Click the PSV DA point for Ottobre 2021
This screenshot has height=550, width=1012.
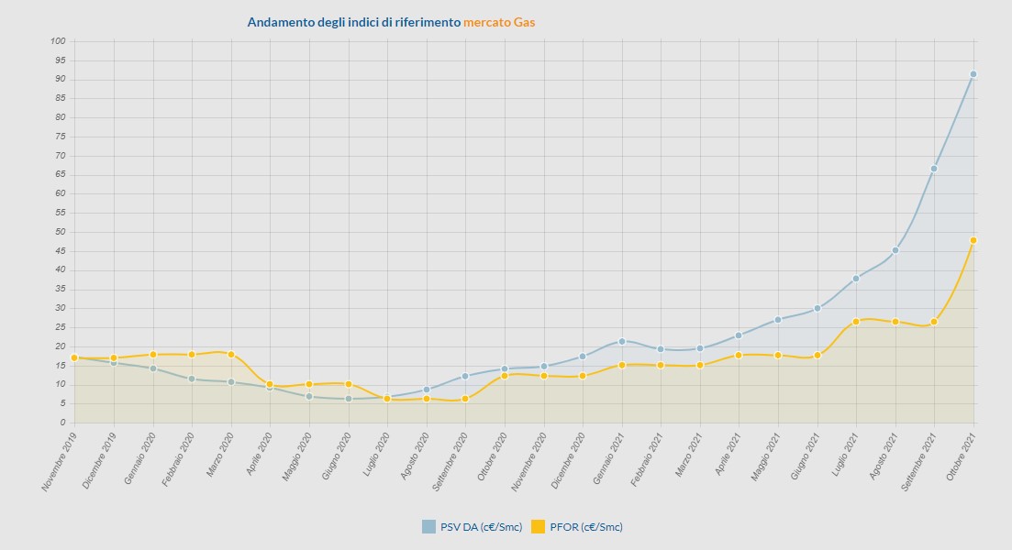pyautogui.click(x=973, y=74)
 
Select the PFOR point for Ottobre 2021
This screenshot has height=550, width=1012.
pyautogui.click(x=973, y=240)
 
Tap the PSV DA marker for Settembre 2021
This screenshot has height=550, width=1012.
pyautogui.click(x=934, y=169)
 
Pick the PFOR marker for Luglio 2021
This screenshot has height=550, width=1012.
pyautogui.click(x=856, y=322)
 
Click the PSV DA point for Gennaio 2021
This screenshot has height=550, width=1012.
pyautogui.click(x=622, y=341)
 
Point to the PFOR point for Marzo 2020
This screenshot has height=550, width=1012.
pyautogui.click(x=230, y=354)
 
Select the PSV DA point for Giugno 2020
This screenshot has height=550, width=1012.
pyautogui.click(x=349, y=399)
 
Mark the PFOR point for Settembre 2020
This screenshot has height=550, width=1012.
pyautogui.click(x=465, y=399)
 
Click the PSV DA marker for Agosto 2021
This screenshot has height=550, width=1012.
pyautogui.click(x=895, y=250)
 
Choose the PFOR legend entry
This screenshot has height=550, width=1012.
pyautogui.click(x=578, y=526)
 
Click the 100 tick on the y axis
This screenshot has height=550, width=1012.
pyautogui.click(x=58, y=41)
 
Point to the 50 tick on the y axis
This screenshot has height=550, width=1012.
pyautogui.click(x=60, y=232)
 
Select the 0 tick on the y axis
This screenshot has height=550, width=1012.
pyautogui.click(x=62, y=423)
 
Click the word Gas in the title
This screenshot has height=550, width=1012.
pyautogui.click(x=525, y=22)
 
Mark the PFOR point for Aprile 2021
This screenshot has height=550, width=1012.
pyautogui.click(x=739, y=355)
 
